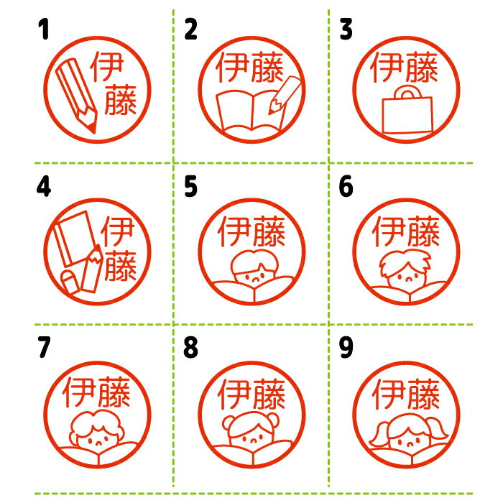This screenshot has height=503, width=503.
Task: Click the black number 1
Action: coord(44,29)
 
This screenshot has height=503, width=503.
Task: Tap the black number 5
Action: coord(190,186)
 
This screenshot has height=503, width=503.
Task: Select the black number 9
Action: coord(346,347)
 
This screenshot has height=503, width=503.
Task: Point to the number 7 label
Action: coord(44,347)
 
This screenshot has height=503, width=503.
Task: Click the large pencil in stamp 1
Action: coord(76,96)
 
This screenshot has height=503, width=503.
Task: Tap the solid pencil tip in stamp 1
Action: coord(93,128)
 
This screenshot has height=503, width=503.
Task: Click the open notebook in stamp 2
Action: coord(250,111)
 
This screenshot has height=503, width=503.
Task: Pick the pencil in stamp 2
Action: coord(285,95)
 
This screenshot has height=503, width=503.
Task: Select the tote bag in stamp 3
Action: coord(407,110)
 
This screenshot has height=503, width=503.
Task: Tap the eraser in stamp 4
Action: coord(70,282)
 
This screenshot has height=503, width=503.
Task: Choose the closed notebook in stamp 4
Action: coord(75,239)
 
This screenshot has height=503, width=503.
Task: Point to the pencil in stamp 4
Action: coord(93,269)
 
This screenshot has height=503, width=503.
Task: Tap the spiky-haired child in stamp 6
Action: coord(405,269)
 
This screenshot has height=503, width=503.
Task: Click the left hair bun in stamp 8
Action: coord(229,422)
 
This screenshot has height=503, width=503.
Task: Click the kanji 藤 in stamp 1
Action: coord(121,100)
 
